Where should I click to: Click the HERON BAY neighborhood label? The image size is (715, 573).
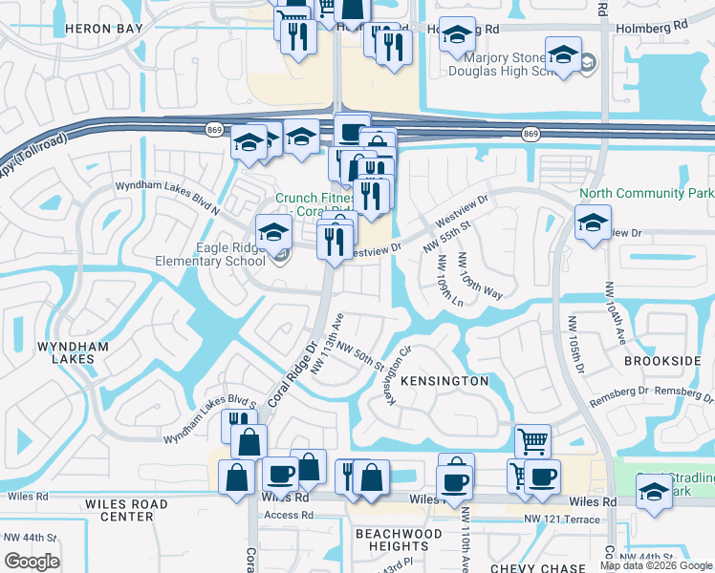tap(104, 29)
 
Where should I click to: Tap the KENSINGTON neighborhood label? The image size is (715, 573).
tap(444, 380)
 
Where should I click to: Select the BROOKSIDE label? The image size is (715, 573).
tap(662, 361)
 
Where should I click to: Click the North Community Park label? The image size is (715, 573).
tap(646, 193)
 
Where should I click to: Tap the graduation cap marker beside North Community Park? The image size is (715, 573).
tap(593, 223)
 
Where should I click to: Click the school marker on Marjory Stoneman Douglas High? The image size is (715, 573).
tap(563, 55)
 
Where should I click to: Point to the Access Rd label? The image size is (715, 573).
tap(282, 514)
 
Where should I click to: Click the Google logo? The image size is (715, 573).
tap(32, 562)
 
